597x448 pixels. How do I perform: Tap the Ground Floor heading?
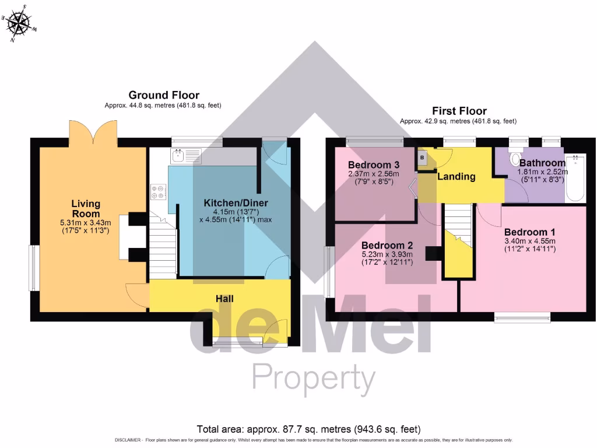164,95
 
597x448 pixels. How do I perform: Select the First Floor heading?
459,111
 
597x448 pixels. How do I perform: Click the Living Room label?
86,209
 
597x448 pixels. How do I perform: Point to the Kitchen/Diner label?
236,203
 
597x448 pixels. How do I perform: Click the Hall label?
224,299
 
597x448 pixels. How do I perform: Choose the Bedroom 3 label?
373,164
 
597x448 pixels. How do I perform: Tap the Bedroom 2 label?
387,245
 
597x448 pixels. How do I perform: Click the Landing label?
456,176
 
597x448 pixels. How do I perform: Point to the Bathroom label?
542,163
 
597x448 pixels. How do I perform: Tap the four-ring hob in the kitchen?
158,191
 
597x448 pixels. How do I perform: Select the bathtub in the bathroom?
575,178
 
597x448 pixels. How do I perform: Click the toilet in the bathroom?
515,159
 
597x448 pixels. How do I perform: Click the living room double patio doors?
93,132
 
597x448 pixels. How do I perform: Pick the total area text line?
308,429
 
